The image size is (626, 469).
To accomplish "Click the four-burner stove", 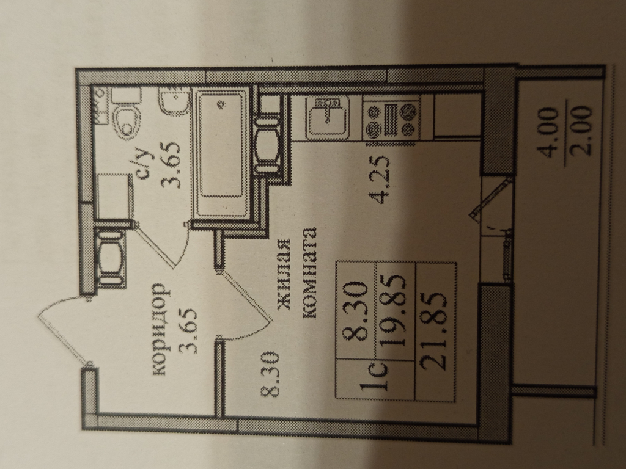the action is [391, 118].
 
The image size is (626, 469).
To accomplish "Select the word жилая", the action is [284, 275].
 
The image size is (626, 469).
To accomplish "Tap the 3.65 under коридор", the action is [188, 330].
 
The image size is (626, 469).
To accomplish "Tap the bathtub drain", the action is [221, 104].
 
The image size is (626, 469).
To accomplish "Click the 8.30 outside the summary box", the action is [271, 374].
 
